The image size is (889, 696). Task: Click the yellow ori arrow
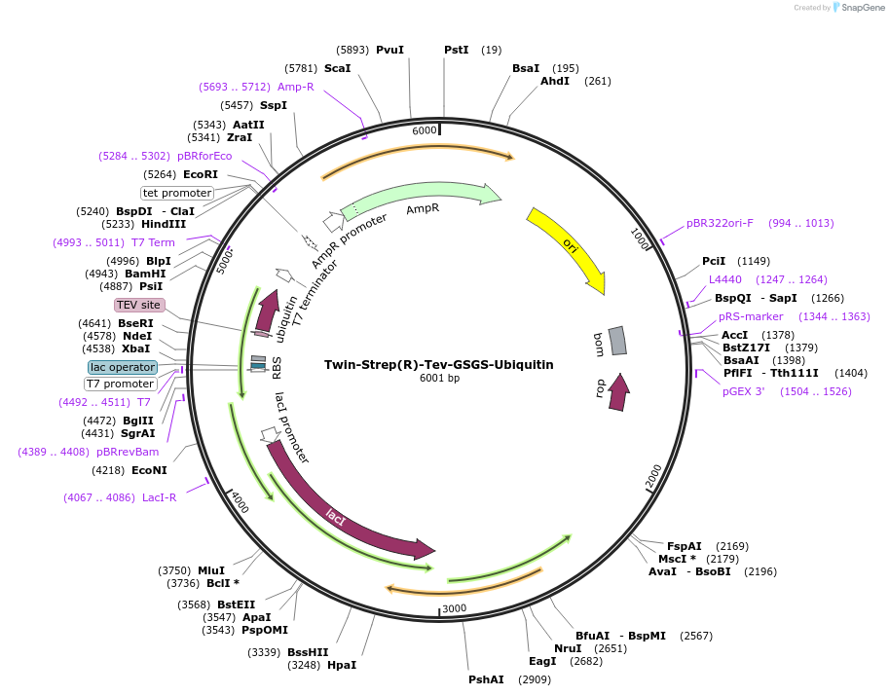(x=569, y=248)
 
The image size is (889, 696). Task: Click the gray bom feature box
(x=617, y=341)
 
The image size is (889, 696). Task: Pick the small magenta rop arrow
(x=617, y=391)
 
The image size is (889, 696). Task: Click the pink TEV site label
(x=138, y=305)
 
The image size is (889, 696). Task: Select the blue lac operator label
(x=122, y=367)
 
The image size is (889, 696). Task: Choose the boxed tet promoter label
(x=177, y=193)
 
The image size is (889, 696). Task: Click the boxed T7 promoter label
(x=121, y=384)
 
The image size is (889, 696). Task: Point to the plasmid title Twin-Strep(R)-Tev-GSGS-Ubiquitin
(x=438, y=365)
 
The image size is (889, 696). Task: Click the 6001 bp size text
(x=439, y=379)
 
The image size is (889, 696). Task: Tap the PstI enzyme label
(x=457, y=50)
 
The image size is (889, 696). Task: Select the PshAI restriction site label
(x=486, y=679)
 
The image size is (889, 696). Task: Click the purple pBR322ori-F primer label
(x=720, y=223)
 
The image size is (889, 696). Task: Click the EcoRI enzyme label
(x=201, y=174)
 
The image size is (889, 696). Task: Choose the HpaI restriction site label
(x=342, y=665)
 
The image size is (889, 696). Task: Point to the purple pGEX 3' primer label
(x=744, y=391)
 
